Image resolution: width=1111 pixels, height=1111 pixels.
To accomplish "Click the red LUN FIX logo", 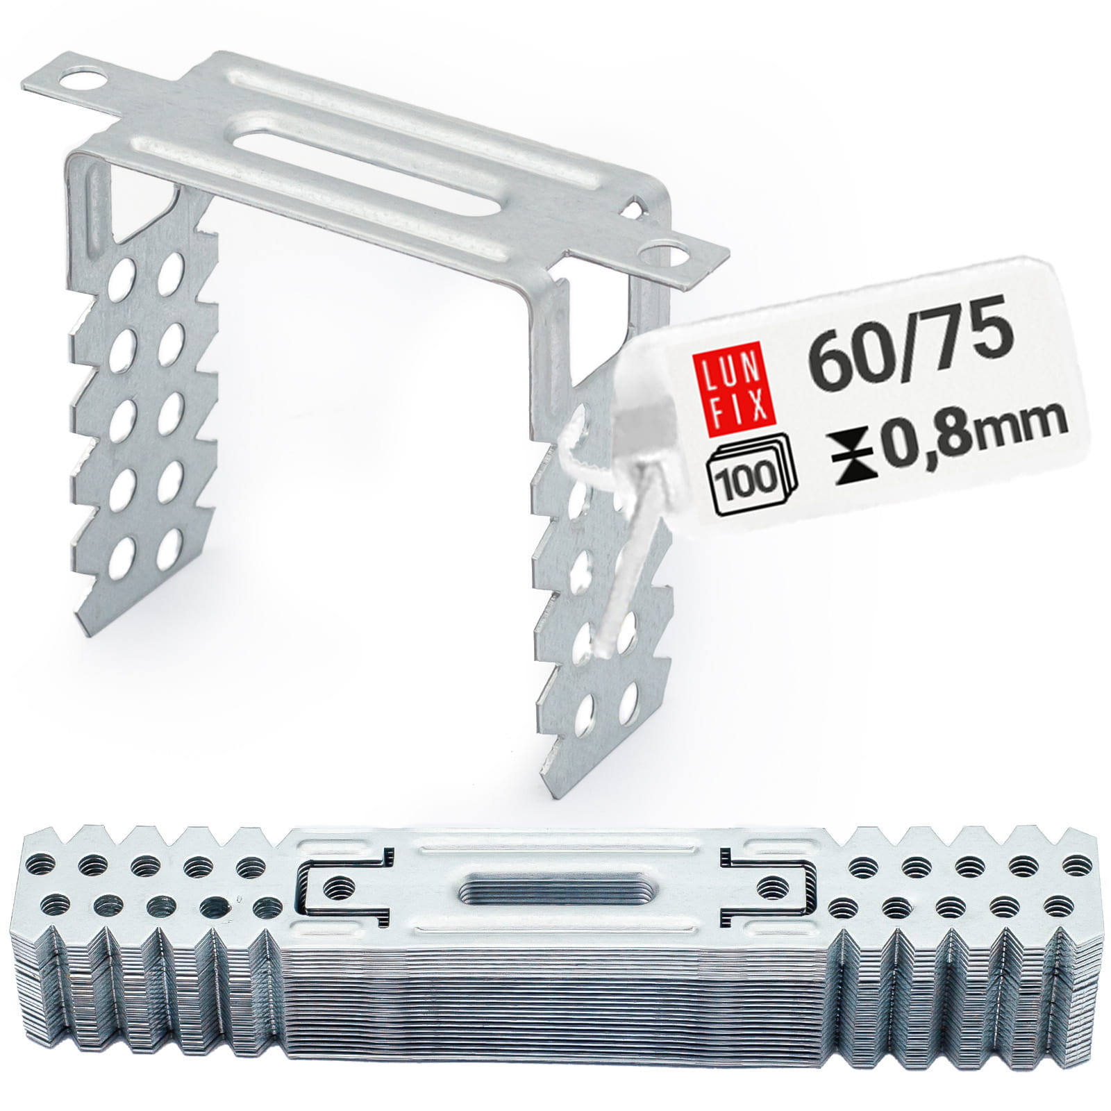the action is point(737,394).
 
